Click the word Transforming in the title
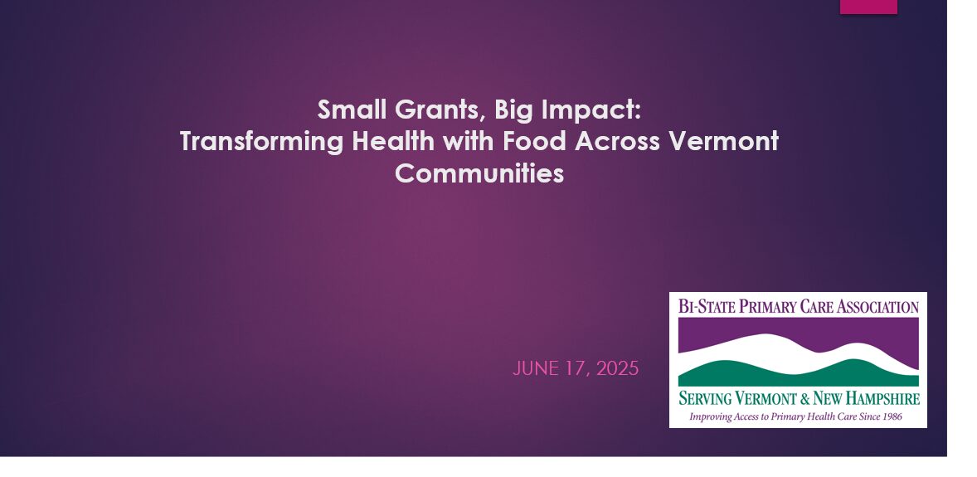(x=262, y=142)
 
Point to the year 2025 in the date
(x=618, y=368)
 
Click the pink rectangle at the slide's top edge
(x=868, y=7)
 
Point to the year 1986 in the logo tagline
(x=892, y=416)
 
